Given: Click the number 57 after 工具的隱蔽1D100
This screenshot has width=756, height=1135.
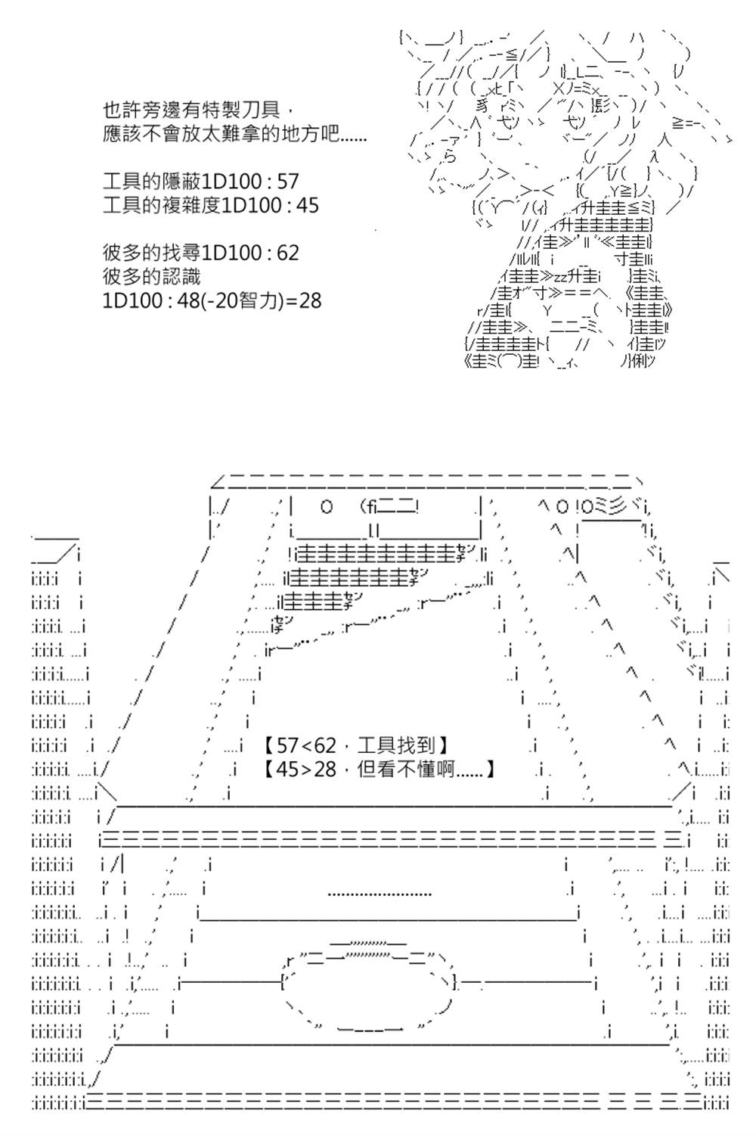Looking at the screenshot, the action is click(287, 182).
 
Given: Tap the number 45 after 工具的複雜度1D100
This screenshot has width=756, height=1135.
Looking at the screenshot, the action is click(308, 205).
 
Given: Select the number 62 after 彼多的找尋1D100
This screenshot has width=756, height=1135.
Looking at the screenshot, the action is click(287, 253).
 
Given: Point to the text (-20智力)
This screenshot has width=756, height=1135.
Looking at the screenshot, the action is click(241, 300).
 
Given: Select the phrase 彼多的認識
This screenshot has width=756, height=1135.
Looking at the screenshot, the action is click(151, 277).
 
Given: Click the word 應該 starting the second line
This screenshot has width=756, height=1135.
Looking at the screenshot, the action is click(122, 134).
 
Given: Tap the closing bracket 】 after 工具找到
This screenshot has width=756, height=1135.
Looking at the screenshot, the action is click(442, 745).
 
